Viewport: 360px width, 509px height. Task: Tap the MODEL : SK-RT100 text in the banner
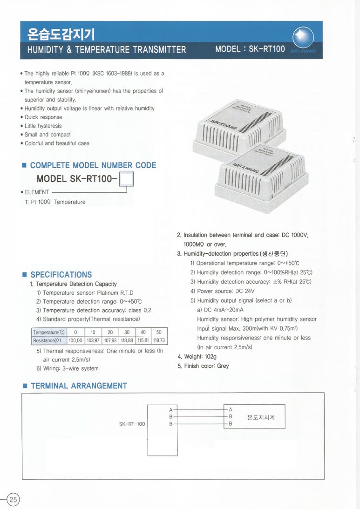(x=250, y=49)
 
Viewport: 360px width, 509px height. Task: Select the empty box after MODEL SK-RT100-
(x=127, y=179)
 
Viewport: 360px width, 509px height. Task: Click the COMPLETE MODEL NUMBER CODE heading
(x=93, y=165)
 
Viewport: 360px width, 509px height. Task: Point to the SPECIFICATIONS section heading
(x=61, y=275)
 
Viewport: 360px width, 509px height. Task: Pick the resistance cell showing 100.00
(x=75, y=340)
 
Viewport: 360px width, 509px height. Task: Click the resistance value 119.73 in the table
(x=159, y=340)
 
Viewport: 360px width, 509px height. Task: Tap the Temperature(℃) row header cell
(x=49, y=332)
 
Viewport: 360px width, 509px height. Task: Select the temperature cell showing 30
(x=127, y=332)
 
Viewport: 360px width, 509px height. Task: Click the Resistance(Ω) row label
(x=49, y=340)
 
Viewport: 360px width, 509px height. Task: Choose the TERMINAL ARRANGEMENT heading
(x=78, y=386)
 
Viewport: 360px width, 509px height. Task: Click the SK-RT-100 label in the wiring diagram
(x=132, y=424)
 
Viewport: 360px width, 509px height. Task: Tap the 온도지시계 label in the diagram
(x=261, y=417)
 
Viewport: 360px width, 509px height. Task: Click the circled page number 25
(x=13, y=500)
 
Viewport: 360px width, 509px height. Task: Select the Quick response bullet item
(x=43, y=117)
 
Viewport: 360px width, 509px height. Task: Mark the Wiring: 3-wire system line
(x=70, y=368)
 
